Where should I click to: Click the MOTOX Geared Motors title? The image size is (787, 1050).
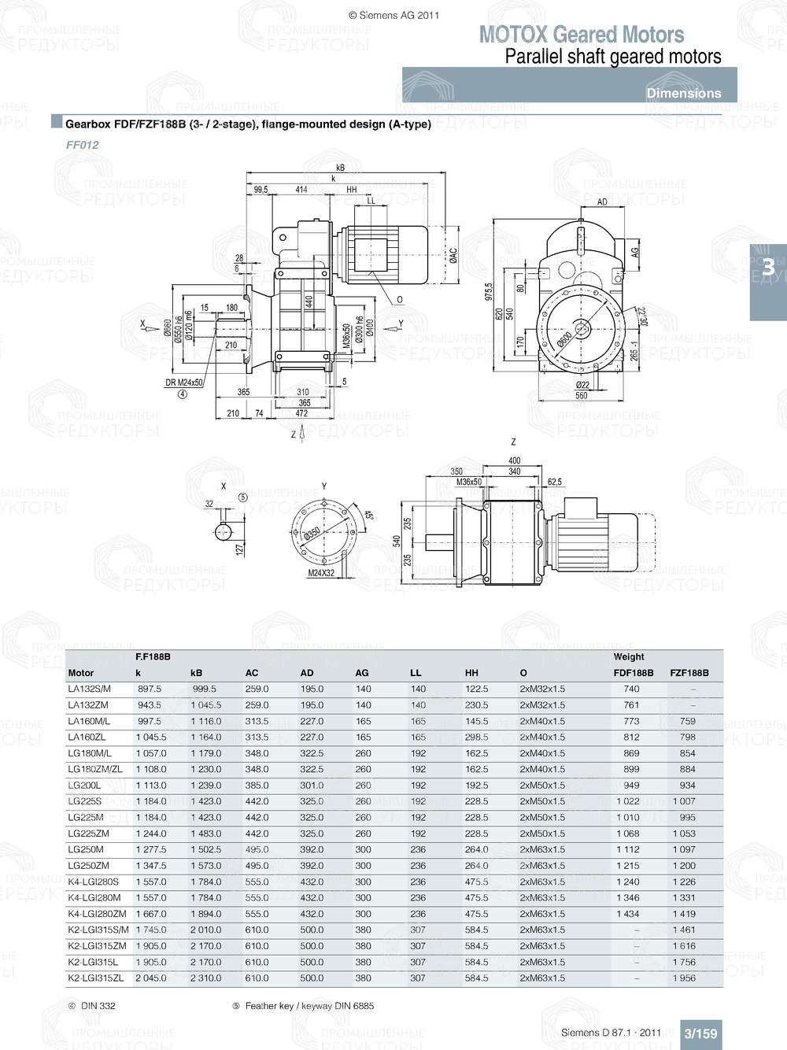[581, 35]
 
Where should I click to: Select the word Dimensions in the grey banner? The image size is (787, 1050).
[683, 93]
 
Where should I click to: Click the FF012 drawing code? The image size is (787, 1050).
[82, 145]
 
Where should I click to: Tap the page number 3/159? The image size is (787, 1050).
[700, 1033]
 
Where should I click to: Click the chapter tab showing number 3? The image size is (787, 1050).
[767, 268]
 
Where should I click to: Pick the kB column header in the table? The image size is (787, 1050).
[196, 673]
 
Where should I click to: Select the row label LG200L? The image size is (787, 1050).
[84, 786]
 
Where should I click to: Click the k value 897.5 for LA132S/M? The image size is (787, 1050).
[149, 689]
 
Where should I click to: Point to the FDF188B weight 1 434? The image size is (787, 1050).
[627, 914]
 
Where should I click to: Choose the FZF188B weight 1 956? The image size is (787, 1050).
[683, 978]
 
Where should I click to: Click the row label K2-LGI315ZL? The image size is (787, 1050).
[95, 978]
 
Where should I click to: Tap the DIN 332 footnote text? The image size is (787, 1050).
[98, 1006]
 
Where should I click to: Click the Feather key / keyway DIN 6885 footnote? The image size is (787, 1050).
[309, 1006]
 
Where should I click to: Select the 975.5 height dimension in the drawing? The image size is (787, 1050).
[488, 291]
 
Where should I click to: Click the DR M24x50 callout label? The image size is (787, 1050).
[183, 383]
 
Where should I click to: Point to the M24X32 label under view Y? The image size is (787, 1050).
[320, 573]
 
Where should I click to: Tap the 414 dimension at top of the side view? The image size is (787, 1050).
[301, 190]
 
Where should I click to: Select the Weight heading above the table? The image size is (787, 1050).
[628, 656]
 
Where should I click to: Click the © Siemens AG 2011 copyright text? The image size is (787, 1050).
[393, 15]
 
